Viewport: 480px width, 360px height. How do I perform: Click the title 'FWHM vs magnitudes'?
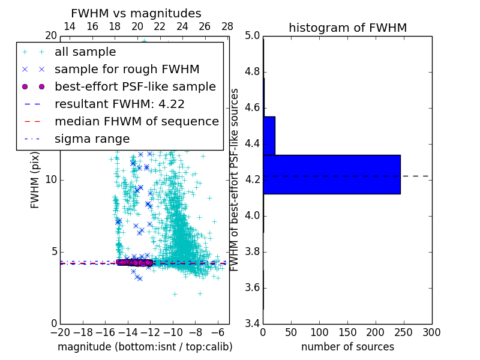[x=136, y=14]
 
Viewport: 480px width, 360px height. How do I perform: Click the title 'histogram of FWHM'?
[x=347, y=28]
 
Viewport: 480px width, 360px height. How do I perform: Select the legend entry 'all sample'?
[x=85, y=52]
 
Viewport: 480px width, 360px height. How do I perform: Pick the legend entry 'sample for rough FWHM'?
[x=127, y=70]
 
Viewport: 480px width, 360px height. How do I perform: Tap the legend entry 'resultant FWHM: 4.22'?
[x=119, y=104]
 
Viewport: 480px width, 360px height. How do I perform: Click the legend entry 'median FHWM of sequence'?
[x=136, y=122]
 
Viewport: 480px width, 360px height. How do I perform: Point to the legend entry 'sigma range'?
[x=92, y=139]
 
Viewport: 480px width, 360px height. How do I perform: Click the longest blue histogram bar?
[x=332, y=175]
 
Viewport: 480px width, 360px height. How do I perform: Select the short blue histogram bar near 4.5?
[x=269, y=136]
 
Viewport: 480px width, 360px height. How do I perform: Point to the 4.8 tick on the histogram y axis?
[x=251, y=72]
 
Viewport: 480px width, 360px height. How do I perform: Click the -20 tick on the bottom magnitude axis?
[x=60, y=331]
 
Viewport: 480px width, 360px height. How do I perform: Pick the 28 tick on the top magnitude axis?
[x=227, y=26]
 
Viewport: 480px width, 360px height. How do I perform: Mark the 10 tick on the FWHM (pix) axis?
[x=51, y=180]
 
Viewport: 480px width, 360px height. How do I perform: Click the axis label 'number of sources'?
[x=347, y=347]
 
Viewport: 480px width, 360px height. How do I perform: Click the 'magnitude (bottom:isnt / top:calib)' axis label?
[x=145, y=347]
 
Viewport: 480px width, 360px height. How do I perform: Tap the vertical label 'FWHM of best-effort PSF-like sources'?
[x=235, y=179]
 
